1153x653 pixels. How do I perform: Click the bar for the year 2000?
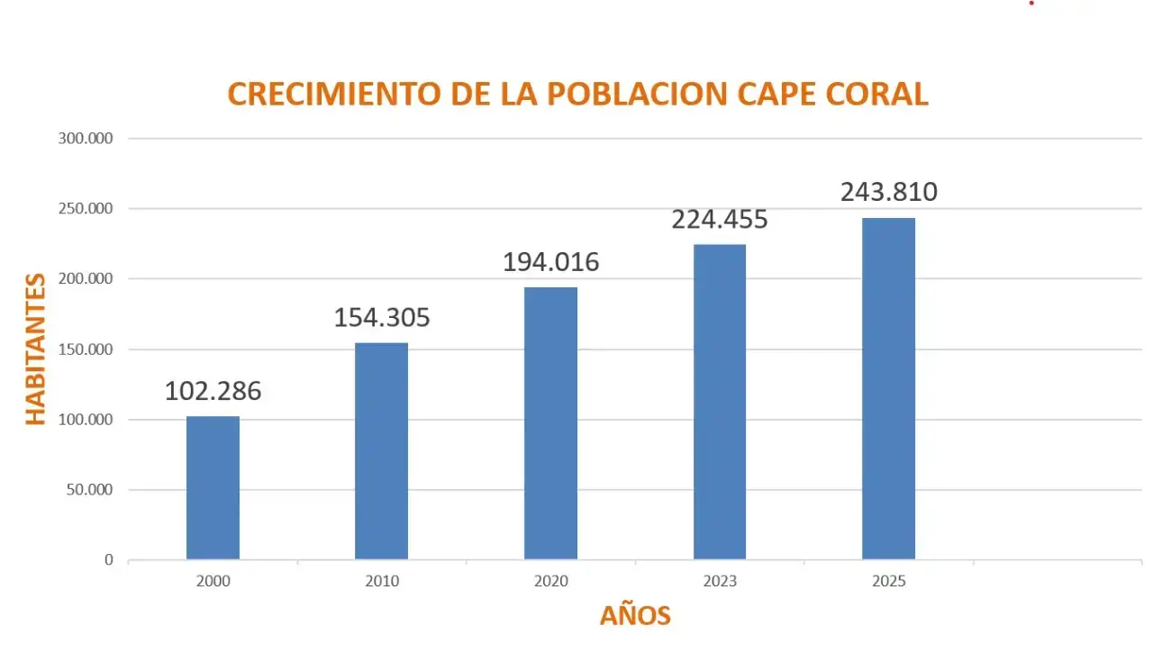tap(213, 487)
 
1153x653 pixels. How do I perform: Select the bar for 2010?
tap(381, 450)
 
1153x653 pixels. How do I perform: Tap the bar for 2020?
tap(550, 423)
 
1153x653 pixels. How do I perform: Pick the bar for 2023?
tap(720, 402)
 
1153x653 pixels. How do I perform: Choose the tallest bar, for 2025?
tap(888, 388)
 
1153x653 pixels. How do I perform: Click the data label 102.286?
tap(213, 392)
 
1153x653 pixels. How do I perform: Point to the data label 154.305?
tap(382, 318)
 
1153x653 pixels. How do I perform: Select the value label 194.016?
tap(550, 262)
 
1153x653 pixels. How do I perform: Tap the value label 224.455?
tap(720, 220)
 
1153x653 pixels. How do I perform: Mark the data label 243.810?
tap(889, 193)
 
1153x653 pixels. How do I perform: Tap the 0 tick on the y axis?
tap(109, 560)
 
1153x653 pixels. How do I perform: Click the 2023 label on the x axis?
tap(720, 582)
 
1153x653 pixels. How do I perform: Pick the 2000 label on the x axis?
tap(213, 582)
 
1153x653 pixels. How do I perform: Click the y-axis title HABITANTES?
tap(35, 349)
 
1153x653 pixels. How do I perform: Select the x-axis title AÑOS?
tap(635, 615)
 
